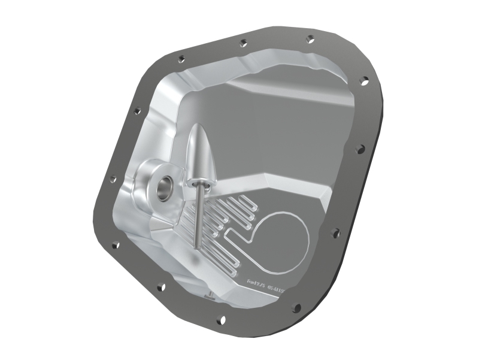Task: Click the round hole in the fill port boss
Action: click(x=163, y=188)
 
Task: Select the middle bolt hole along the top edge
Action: click(x=242, y=43)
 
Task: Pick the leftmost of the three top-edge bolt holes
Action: click(x=181, y=59)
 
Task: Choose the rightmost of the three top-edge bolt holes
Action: click(x=310, y=39)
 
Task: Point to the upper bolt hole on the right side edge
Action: click(x=362, y=80)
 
